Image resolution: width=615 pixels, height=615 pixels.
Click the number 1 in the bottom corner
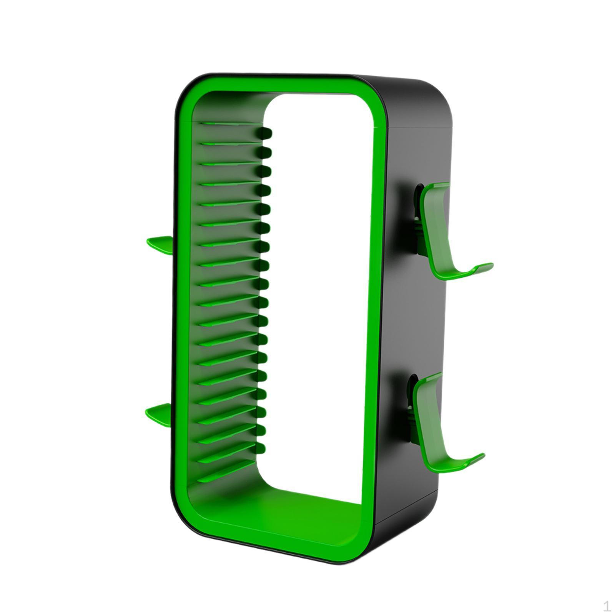click(607, 607)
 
